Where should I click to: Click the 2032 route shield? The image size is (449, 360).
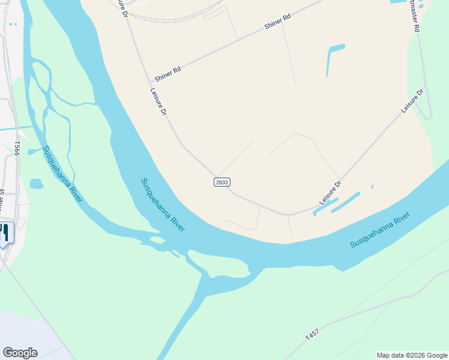(x=222, y=182)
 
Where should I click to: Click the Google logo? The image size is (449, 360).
(x=20, y=353)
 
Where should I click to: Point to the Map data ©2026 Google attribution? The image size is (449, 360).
(x=412, y=355)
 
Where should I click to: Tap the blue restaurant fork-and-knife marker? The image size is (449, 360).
(x=5, y=233)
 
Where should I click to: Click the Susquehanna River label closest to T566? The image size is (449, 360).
(x=62, y=174)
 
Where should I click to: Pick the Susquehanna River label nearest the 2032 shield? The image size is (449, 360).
(x=163, y=205)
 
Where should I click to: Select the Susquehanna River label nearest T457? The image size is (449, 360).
(x=381, y=229)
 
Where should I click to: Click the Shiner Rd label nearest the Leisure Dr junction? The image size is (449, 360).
(x=167, y=74)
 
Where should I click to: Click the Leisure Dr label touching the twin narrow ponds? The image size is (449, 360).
(x=330, y=193)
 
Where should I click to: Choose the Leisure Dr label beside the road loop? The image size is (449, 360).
(x=412, y=101)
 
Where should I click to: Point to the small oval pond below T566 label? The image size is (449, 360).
(x=36, y=183)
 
